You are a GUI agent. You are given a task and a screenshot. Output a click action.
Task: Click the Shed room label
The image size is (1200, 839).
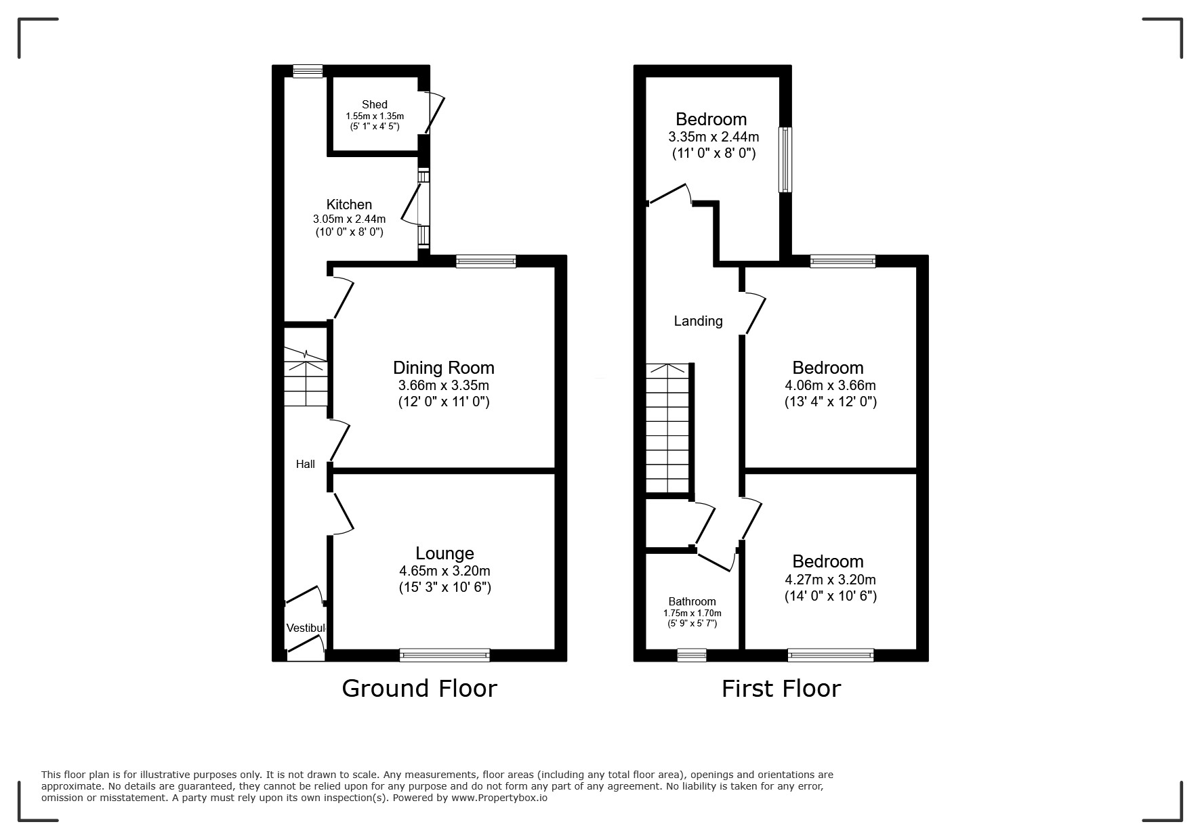(374, 104)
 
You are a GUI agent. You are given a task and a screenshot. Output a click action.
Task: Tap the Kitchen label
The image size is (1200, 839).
(349, 205)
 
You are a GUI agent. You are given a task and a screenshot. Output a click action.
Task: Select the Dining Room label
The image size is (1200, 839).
(444, 368)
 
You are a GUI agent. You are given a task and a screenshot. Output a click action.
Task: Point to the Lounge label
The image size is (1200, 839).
(444, 553)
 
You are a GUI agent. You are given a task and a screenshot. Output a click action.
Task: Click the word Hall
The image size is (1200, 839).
(305, 465)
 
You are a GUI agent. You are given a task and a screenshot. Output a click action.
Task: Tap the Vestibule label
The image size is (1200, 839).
(306, 628)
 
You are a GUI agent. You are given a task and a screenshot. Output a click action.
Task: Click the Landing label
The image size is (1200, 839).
(698, 321)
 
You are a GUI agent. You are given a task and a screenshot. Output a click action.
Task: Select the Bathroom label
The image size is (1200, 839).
(692, 601)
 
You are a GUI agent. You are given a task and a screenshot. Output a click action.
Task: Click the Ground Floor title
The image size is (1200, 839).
(419, 688)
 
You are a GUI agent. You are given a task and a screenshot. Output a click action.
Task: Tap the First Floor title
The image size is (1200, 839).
(781, 688)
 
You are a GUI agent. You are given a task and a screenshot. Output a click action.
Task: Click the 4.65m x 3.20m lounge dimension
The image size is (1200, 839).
(444, 571)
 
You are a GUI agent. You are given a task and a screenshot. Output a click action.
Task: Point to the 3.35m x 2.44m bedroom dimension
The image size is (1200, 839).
(713, 137)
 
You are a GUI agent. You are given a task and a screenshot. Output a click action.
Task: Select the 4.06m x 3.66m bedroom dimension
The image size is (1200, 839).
(830, 385)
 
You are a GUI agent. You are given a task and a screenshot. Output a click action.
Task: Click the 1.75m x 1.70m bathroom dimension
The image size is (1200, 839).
(692, 614)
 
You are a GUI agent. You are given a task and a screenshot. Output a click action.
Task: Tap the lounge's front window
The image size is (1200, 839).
(444, 655)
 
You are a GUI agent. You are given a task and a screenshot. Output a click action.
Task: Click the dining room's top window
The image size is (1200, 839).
(486, 261)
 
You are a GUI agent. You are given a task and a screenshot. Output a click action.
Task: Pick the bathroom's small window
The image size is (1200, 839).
(692, 655)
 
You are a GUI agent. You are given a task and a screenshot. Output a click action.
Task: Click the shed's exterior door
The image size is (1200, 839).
(434, 112)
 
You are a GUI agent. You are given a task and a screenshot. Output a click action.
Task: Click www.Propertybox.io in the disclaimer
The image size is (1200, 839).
(499, 798)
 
